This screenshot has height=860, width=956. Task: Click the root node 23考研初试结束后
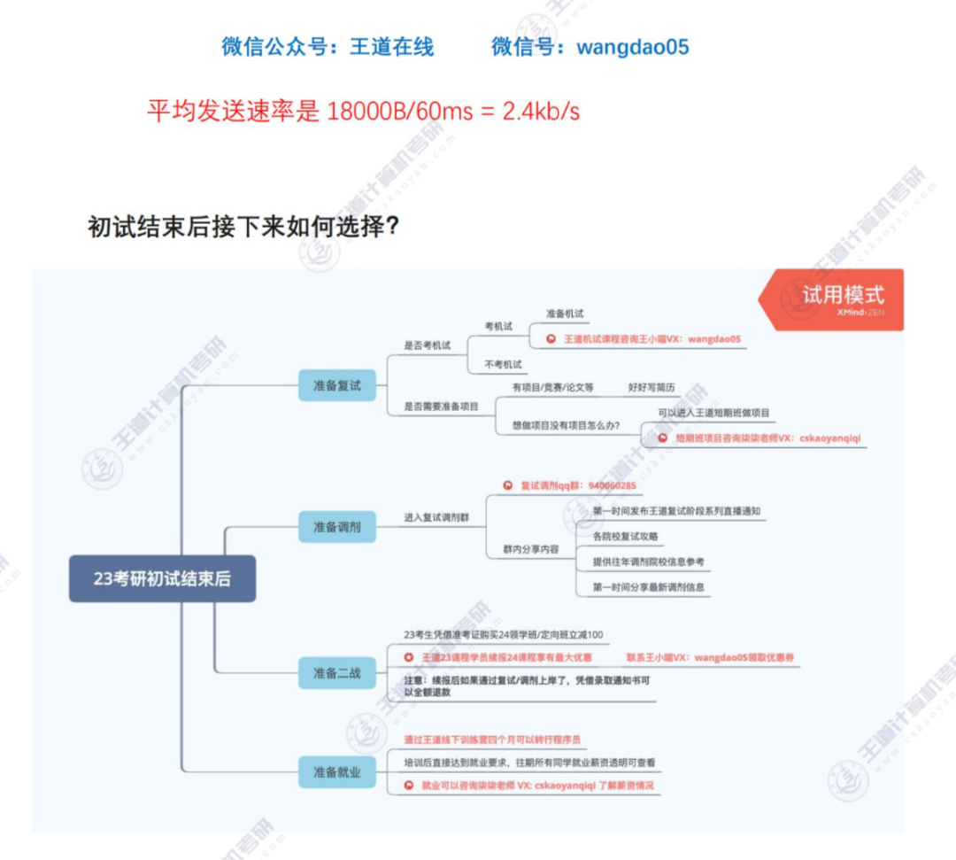click(x=162, y=578)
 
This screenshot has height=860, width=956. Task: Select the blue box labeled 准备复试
click(x=336, y=385)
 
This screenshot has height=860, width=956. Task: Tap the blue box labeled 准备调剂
click(x=336, y=527)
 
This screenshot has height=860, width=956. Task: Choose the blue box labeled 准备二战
click(x=336, y=672)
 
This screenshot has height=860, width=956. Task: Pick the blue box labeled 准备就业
click(x=336, y=771)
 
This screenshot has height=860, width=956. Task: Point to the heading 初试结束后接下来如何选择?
click(x=243, y=227)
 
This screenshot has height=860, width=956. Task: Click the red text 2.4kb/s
click(x=541, y=112)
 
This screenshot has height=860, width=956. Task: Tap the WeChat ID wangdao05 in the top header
click(x=632, y=47)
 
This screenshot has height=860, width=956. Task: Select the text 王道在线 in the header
click(x=391, y=47)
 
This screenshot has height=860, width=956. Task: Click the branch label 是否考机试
click(x=428, y=345)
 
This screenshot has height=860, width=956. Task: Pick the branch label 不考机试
click(x=502, y=364)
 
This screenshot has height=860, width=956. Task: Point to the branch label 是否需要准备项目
click(x=441, y=406)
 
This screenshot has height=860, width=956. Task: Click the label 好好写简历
click(x=651, y=387)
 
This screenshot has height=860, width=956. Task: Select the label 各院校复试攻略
click(x=625, y=536)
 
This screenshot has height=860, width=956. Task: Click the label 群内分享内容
click(x=530, y=549)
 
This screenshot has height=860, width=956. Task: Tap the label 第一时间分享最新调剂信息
click(x=648, y=586)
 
